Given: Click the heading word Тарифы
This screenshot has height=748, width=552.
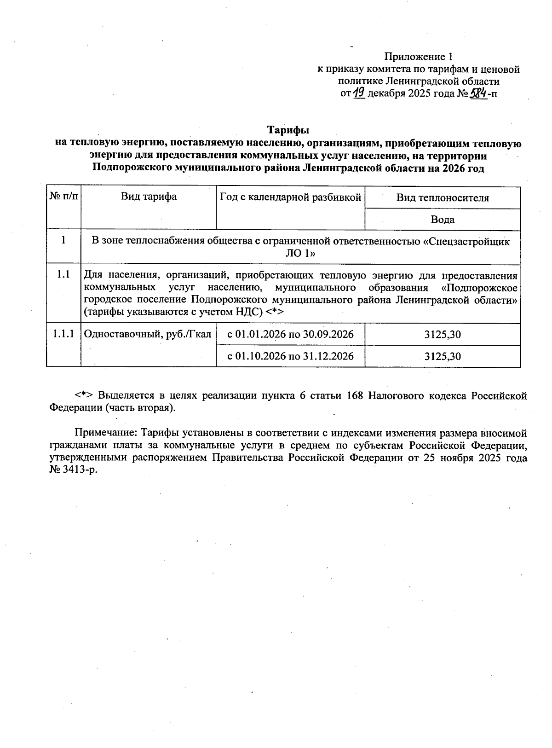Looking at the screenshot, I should (x=288, y=131).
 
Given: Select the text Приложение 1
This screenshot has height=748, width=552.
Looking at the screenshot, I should (x=419, y=57).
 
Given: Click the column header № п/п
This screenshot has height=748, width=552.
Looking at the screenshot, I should (x=63, y=197).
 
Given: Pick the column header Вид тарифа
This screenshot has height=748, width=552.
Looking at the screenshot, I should (x=149, y=197).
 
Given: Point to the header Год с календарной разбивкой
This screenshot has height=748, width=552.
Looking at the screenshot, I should (x=290, y=197).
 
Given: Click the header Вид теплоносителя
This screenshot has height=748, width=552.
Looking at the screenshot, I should (x=442, y=198).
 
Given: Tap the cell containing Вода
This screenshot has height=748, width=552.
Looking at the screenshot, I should (x=442, y=220).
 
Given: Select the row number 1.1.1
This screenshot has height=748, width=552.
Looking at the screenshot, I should (x=63, y=334).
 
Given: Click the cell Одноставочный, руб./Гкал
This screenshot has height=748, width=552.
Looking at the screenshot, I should (x=148, y=334).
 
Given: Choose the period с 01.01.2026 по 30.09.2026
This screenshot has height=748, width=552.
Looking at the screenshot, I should (x=290, y=334).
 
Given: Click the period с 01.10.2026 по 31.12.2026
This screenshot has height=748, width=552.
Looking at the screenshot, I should (x=290, y=356).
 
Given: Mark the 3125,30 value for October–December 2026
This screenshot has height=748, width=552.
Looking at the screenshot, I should (x=442, y=356).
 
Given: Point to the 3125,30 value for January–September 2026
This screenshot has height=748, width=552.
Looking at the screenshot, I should (x=442, y=334).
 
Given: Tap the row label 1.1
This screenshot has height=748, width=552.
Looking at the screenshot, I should (x=63, y=275).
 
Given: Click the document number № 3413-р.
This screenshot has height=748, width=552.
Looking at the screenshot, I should (x=74, y=470).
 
